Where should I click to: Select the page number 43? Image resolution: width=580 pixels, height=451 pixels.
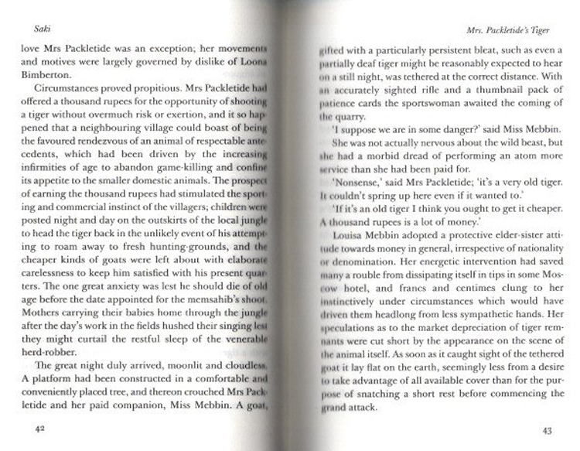click(545, 431)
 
